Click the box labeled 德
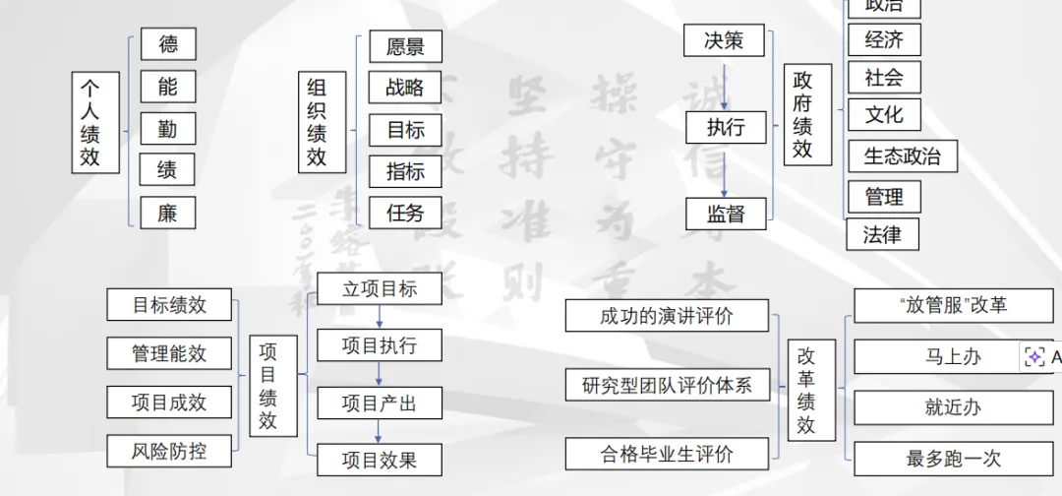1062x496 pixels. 168,44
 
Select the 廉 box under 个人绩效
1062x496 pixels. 168,213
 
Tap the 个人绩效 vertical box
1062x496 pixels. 89,122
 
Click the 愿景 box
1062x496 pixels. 405,46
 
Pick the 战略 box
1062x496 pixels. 405,88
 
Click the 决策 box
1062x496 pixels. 724,40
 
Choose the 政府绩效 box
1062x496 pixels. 803,114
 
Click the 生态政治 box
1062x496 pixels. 902,155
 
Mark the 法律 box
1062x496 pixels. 881,235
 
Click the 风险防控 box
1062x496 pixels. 169,451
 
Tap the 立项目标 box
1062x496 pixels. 380,288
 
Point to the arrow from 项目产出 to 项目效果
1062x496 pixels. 380,430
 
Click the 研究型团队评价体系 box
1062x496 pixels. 667,385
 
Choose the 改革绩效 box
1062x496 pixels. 806,390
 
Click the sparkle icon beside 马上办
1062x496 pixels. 1034,357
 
